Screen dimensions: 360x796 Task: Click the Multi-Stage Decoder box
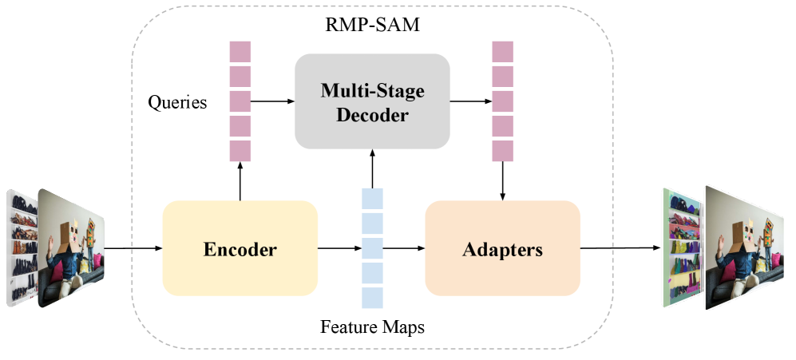click(372, 101)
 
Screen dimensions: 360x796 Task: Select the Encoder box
click(240, 248)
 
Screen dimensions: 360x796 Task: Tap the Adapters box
click(502, 248)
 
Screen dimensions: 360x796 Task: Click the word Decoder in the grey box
click(372, 115)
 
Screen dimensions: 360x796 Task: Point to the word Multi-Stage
click(372, 89)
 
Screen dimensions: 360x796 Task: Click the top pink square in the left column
click(240, 51)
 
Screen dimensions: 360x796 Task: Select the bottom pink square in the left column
click(240, 151)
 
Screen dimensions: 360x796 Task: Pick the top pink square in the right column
click(502, 51)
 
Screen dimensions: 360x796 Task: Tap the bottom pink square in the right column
click(502, 151)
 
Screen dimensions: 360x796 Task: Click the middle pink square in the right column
click(502, 101)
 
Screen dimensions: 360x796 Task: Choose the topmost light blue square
click(372, 198)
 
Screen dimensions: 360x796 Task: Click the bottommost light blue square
click(372, 298)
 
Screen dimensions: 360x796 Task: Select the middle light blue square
click(372, 248)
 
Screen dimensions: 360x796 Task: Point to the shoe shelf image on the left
click(22, 247)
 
